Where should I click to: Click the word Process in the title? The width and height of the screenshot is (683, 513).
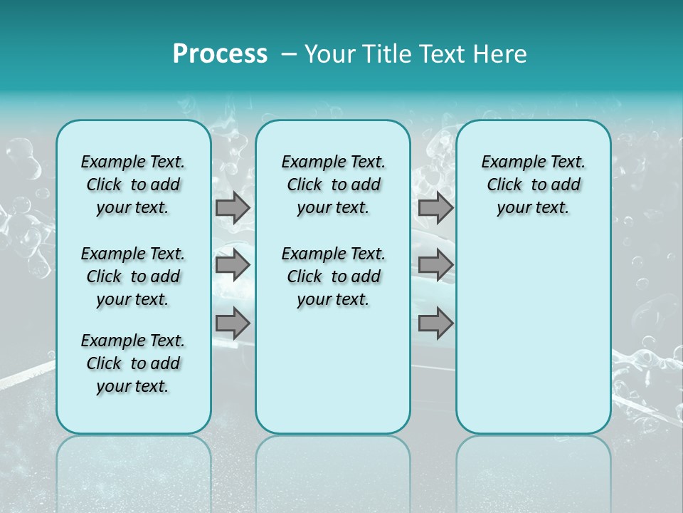pos(220,54)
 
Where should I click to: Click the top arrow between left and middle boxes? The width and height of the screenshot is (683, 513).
pos(233,208)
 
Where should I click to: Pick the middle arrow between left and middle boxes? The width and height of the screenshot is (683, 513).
pos(233,265)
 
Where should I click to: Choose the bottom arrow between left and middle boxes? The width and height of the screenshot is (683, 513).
pos(233,323)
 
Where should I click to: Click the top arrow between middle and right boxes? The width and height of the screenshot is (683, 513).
pos(435,208)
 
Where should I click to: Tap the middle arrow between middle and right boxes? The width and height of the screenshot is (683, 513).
pos(435,265)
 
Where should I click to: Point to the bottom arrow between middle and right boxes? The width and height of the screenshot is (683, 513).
pos(435,323)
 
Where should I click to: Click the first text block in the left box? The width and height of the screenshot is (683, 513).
pos(133,185)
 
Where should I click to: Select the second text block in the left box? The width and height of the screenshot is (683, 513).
pos(133,276)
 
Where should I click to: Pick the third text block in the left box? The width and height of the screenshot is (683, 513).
pos(133,363)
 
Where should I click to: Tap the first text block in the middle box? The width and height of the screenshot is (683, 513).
pos(334,185)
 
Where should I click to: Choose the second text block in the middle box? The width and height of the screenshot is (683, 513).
pos(334,276)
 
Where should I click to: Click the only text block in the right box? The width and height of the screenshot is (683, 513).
pos(534,185)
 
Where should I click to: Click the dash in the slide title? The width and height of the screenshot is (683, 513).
pos(289,55)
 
